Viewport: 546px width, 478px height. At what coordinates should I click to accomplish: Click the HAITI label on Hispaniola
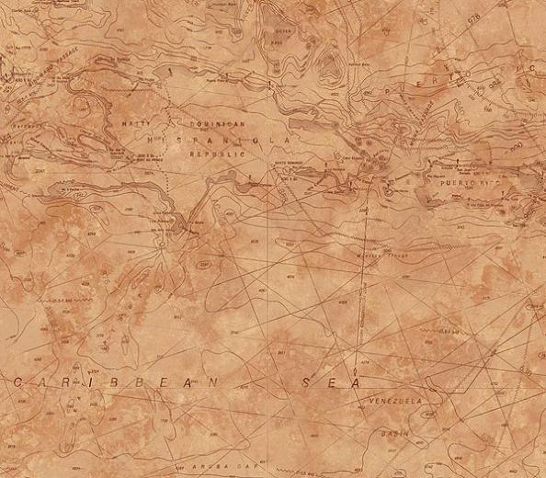[x=136, y=122]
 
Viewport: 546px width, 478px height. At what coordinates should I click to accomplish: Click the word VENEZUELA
[x=394, y=402]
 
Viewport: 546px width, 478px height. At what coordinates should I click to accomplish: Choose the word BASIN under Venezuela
[x=396, y=430]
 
